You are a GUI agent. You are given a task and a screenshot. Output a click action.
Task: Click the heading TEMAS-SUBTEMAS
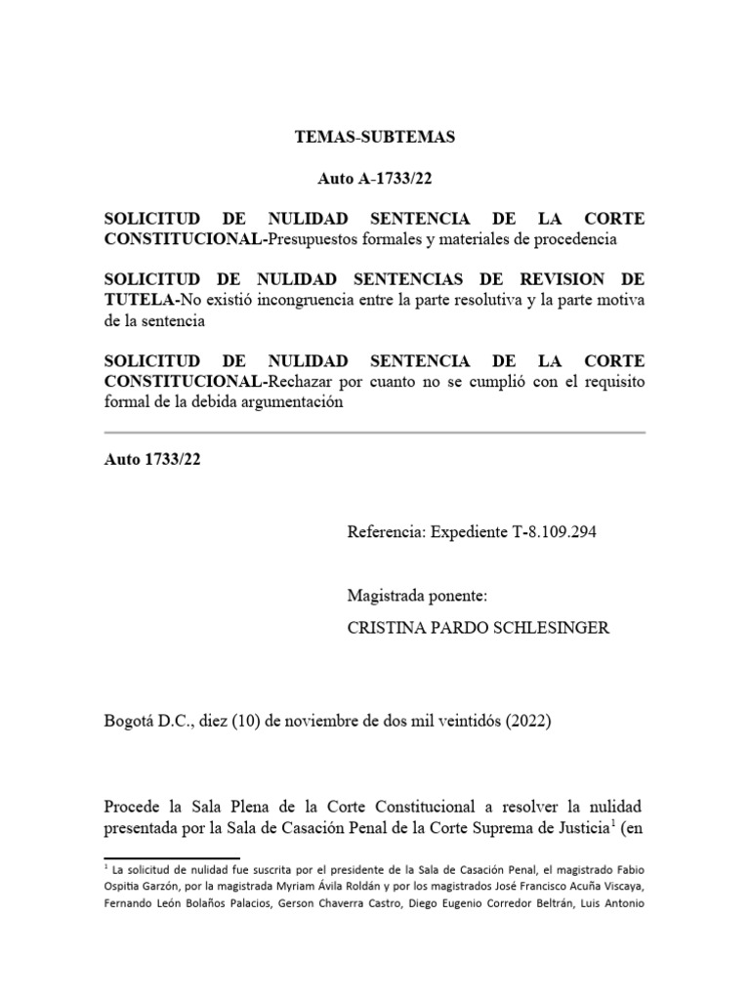pyautogui.click(x=375, y=138)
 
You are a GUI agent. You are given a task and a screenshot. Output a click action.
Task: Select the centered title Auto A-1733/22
pyautogui.click(x=375, y=180)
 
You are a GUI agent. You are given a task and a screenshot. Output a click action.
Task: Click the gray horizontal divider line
pyautogui.click(x=375, y=432)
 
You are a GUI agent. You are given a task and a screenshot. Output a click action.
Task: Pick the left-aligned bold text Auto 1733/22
pyautogui.click(x=151, y=462)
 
